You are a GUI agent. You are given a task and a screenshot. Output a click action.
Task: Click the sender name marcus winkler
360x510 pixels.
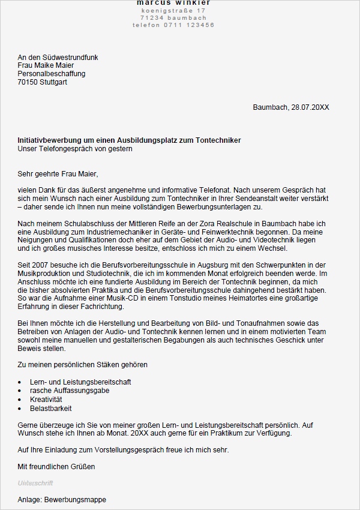(x=173, y=3)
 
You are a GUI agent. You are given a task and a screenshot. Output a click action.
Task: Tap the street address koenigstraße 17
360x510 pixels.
(x=173, y=11)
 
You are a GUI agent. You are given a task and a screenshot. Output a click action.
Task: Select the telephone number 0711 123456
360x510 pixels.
(x=186, y=25)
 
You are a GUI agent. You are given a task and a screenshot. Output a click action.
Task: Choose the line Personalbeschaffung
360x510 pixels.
(x=52, y=74)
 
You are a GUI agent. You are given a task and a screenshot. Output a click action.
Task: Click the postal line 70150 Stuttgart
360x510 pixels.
(x=43, y=82)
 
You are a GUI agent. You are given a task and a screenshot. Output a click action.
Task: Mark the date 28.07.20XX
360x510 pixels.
(x=310, y=107)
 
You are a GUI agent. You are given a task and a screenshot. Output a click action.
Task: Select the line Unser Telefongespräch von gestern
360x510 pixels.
(x=75, y=149)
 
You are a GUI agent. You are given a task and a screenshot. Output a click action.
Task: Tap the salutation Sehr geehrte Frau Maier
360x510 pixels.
(x=58, y=174)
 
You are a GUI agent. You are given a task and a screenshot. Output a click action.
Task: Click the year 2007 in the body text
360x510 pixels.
(x=41, y=265)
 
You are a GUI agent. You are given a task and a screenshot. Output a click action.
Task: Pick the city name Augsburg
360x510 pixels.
(x=202, y=265)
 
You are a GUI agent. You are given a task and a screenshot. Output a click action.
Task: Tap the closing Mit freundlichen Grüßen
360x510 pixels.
(x=56, y=466)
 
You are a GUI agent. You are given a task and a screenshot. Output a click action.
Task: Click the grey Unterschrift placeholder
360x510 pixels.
(x=35, y=482)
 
